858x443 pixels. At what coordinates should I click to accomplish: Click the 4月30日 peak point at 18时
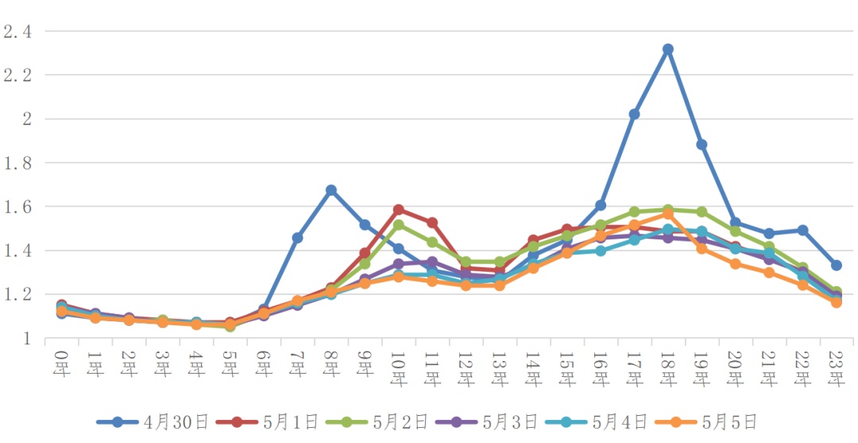click(668, 49)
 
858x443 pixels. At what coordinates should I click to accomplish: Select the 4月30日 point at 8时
click(331, 190)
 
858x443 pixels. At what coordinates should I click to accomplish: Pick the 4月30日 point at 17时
click(634, 115)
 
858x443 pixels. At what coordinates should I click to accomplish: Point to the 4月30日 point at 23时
click(837, 266)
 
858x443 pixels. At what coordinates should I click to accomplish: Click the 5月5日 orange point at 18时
click(668, 214)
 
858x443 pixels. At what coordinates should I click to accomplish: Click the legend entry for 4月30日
click(151, 422)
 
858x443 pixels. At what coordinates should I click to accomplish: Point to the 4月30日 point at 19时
click(701, 145)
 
